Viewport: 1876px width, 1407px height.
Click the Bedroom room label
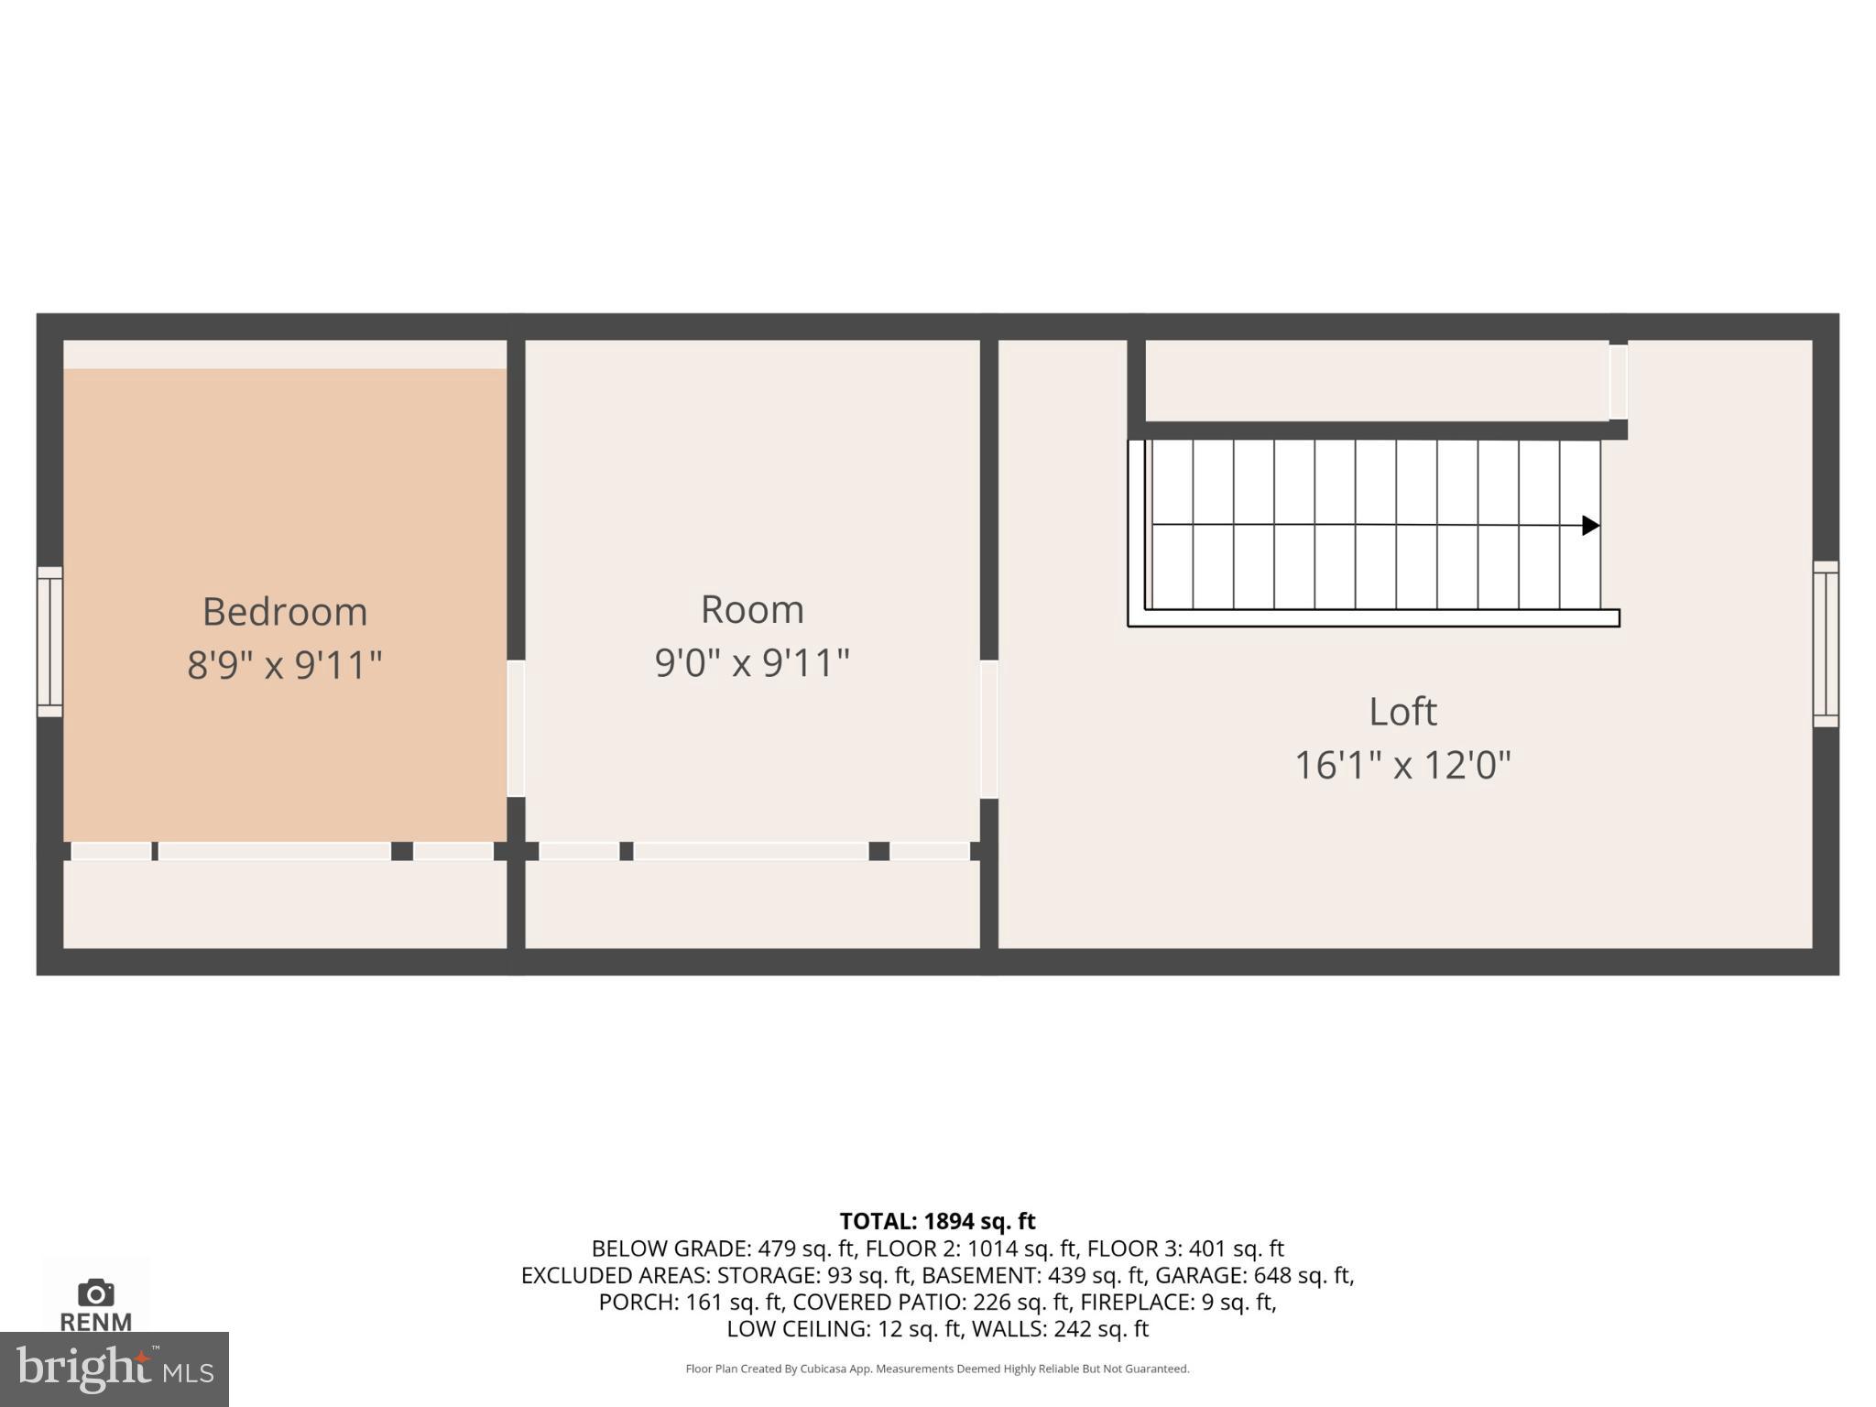[x=285, y=612]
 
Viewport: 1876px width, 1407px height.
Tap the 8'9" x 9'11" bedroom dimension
[x=285, y=664]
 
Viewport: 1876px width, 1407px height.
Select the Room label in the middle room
[x=752, y=610]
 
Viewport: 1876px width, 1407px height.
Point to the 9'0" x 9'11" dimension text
[x=752, y=662]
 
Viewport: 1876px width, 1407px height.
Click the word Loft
[x=1402, y=712]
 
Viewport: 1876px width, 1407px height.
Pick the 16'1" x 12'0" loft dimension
[x=1402, y=765]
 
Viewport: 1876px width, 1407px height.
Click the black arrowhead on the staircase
[x=1590, y=526]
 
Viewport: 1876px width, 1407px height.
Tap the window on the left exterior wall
[x=49, y=641]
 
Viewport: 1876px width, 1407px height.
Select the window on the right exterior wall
[x=1826, y=644]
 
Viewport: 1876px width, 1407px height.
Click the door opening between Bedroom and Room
[x=516, y=729]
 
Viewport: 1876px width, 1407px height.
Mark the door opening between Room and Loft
[x=989, y=729]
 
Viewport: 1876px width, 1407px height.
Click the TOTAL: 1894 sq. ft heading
[x=937, y=1221]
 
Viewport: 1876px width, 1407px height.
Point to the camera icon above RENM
[x=95, y=1292]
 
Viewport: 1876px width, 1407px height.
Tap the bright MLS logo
[x=114, y=1369]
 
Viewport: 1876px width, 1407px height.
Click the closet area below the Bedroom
[x=285, y=904]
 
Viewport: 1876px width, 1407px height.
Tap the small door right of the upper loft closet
[x=1619, y=382]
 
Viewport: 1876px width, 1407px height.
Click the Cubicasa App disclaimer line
[x=937, y=1369]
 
